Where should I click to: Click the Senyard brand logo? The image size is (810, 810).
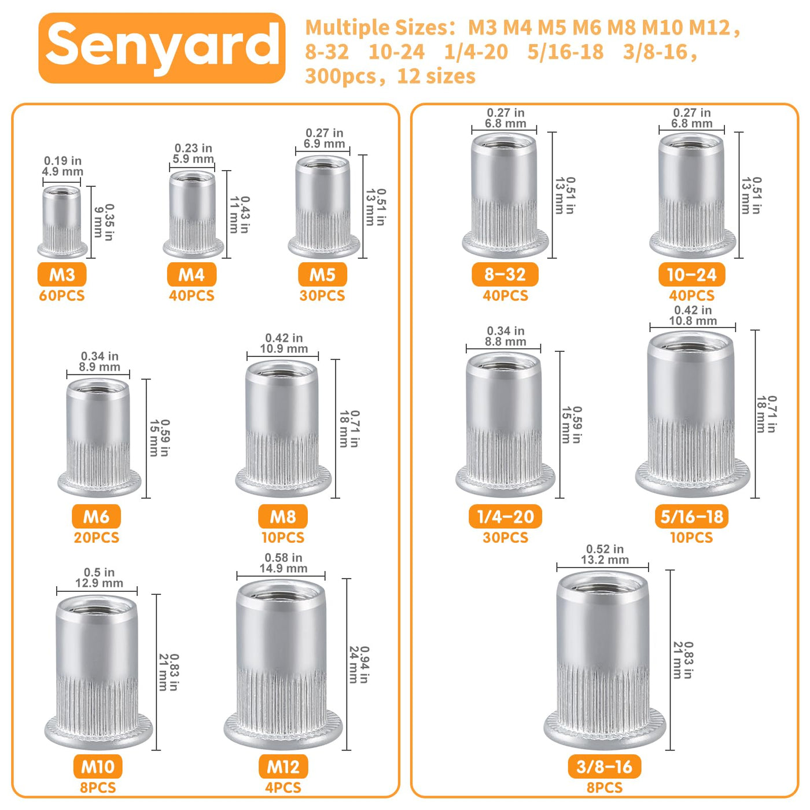click(x=162, y=48)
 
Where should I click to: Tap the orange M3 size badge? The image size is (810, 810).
click(x=62, y=274)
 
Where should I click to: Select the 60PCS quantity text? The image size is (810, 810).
click(x=62, y=296)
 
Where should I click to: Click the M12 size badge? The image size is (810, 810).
click(x=283, y=767)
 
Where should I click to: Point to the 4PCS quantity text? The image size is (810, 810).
click(x=283, y=787)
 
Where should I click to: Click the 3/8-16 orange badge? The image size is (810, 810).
click(x=604, y=767)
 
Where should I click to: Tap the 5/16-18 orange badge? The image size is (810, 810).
click(x=691, y=516)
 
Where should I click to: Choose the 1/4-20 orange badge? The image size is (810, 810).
click(x=505, y=516)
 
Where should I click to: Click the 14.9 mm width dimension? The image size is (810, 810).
click(x=283, y=568)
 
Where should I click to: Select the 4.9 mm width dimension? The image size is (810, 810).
click(x=62, y=171)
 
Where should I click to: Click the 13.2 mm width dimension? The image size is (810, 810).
click(x=605, y=560)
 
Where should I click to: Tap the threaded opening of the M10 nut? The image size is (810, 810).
click(x=97, y=608)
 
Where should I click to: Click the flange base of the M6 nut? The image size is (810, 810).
click(x=99, y=484)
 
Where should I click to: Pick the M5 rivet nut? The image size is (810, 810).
click(x=323, y=207)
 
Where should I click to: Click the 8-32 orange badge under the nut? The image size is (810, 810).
click(x=505, y=274)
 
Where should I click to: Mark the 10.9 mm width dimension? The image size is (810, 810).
click(x=283, y=348)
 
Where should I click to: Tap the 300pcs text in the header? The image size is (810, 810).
click(x=340, y=76)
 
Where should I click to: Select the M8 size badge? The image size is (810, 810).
click(x=283, y=516)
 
